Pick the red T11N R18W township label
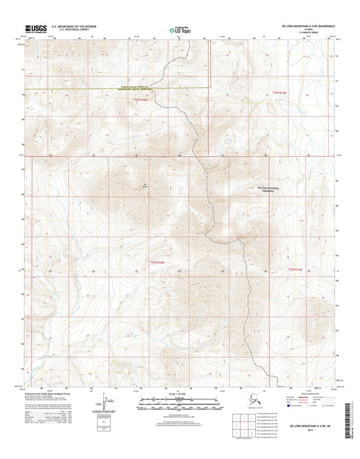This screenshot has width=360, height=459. pos(157,261)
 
